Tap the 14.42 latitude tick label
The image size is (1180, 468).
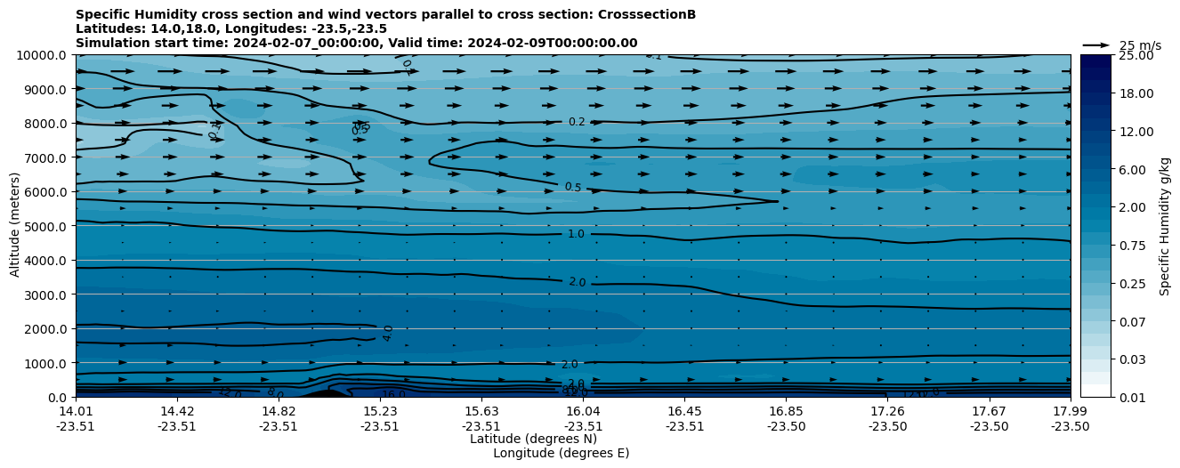(177, 411)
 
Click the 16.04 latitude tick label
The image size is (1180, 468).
(583, 411)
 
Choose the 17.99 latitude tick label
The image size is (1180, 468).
(1070, 411)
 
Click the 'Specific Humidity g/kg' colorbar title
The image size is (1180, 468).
(1165, 226)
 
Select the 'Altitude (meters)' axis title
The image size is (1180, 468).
(15, 226)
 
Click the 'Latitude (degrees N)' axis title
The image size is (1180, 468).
(533, 439)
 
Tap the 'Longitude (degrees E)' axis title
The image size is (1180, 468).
(561, 453)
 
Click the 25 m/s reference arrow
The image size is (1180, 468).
(1096, 44)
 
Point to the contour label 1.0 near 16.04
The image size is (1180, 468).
(576, 234)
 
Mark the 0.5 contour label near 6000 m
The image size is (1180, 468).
(573, 187)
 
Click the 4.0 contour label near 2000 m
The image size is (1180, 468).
(388, 333)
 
